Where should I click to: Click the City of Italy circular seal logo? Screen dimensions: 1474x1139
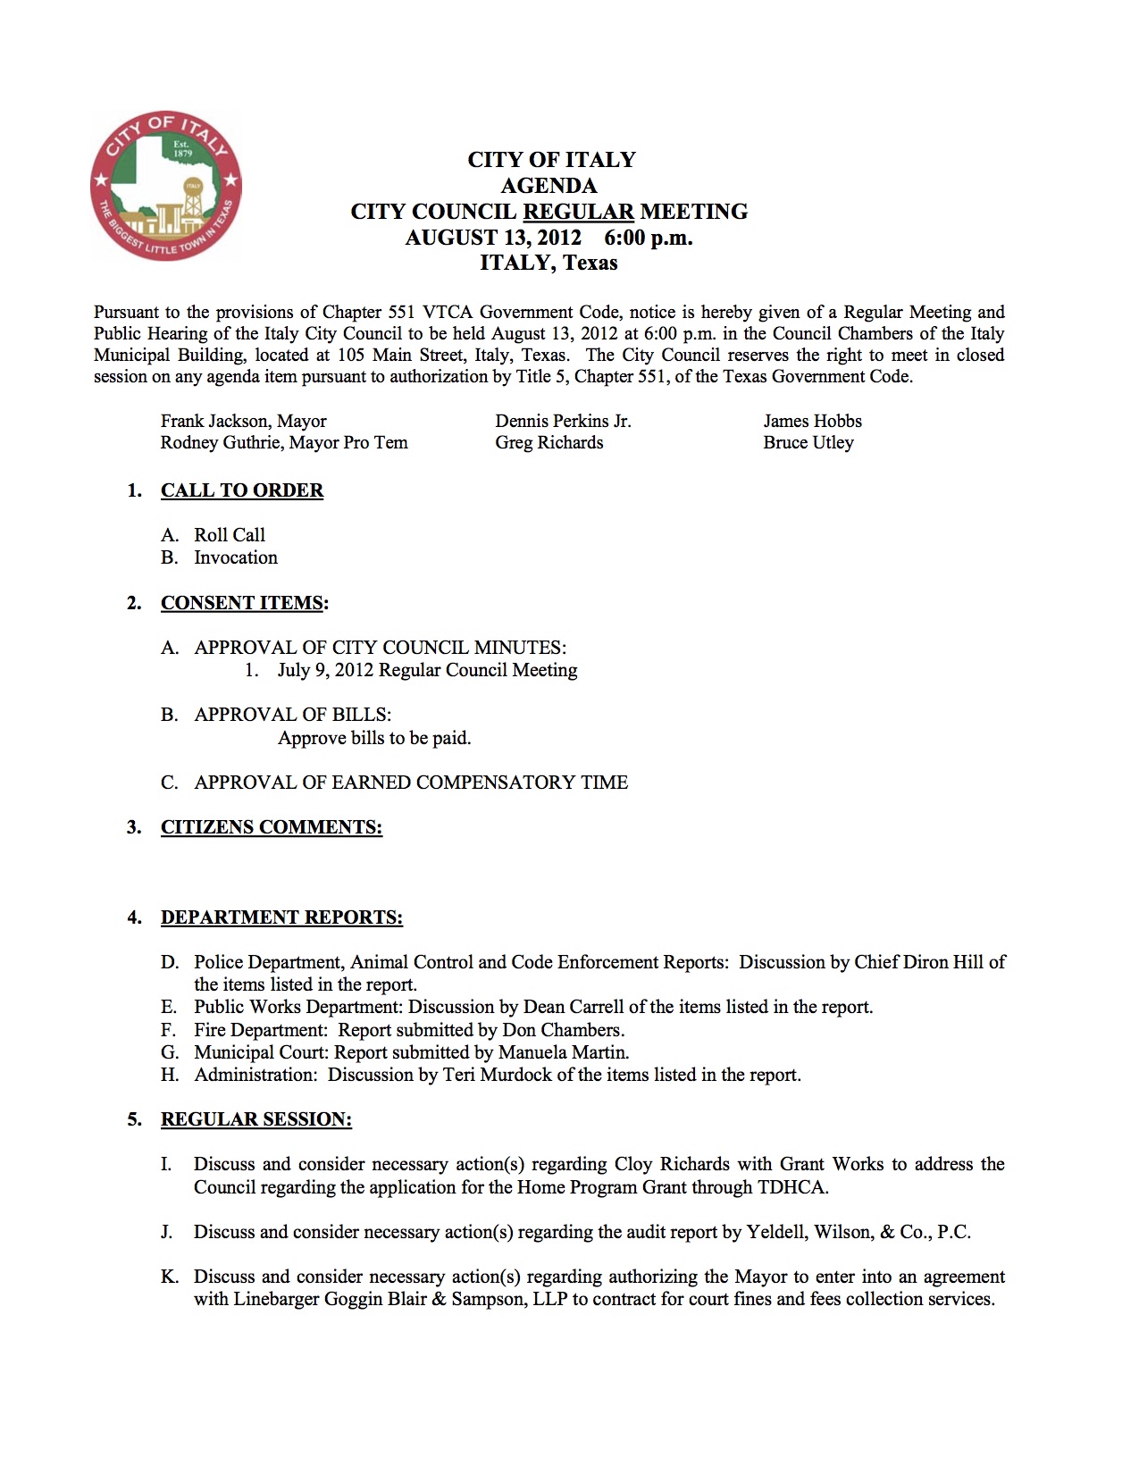[x=166, y=187]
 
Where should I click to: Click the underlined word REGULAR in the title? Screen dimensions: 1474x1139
[x=578, y=212]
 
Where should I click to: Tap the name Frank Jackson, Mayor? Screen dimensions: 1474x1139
[x=243, y=421]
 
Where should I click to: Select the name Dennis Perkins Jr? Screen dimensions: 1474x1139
[x=563, y=421]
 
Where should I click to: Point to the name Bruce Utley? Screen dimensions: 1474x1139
[x=808, y=442]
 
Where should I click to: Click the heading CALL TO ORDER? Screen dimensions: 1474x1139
[x=242, y=490]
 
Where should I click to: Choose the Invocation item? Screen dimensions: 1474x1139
[x=236, y=557]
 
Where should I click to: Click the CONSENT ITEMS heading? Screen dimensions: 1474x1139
[x=242, y=603]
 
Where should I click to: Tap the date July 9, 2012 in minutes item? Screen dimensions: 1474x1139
[x=325, y=670]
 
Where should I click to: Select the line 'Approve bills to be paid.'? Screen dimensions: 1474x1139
[x=374, y=738]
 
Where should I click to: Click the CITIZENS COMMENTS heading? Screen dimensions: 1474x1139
[x=272, y=827]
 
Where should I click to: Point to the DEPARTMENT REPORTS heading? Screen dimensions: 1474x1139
[x=281, y=917]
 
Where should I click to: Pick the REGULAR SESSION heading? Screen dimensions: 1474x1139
[x=256, y=1119]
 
